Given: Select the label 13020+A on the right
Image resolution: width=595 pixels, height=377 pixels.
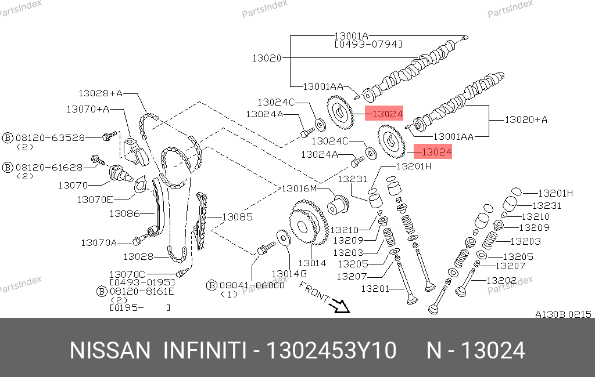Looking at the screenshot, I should [x=526, y=120].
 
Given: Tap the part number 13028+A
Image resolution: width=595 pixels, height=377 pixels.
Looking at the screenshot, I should [x=101, y=93].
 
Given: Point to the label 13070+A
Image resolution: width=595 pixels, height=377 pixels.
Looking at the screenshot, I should [x=88, y=108].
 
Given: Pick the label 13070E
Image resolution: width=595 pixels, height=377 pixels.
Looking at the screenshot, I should [x=95, y=200].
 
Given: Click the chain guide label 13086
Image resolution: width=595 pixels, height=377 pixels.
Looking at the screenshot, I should [x=124, y=213].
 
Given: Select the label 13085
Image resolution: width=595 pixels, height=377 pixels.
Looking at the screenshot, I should [x=237, y=217].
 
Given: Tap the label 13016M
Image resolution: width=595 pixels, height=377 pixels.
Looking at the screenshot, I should [x=299, y=188].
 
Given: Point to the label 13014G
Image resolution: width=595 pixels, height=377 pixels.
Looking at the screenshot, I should [x=289, y=273].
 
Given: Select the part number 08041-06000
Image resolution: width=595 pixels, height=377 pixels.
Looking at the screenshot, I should [x=252, y=285].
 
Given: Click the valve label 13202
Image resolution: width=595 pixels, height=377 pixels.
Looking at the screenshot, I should [x=501, y=280].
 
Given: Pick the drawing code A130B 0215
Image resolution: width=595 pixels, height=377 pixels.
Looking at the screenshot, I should [x=562, y=314].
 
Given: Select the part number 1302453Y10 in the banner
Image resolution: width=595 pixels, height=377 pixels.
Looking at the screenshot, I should [x=331, y=351].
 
